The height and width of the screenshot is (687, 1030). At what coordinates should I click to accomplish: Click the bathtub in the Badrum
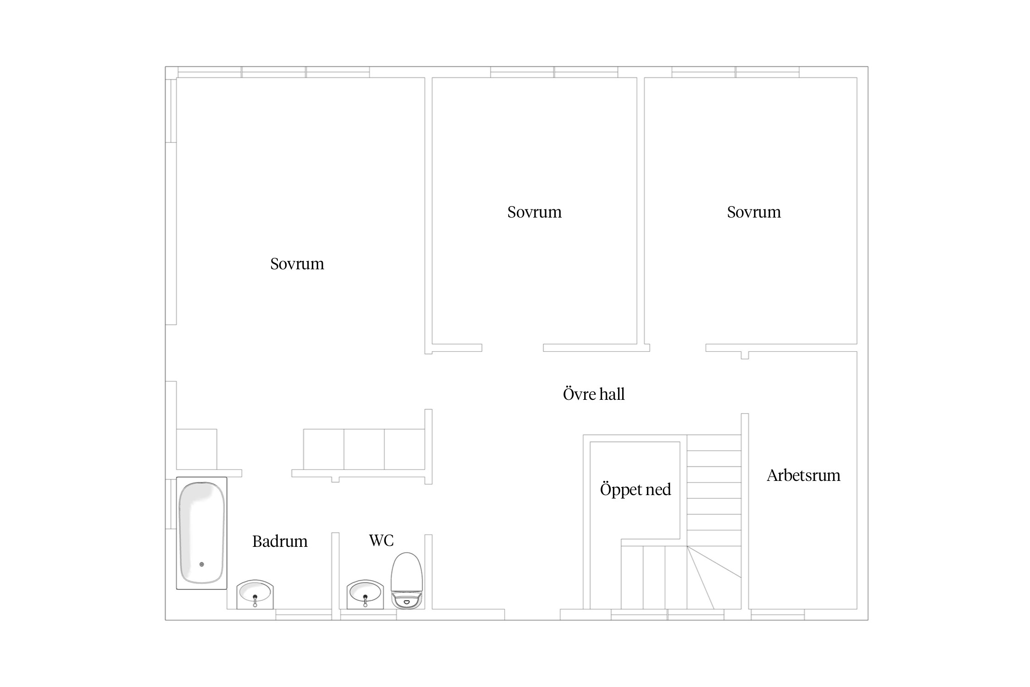click(x=201, y=533)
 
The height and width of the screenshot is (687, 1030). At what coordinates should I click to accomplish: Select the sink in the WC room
click(x=365, y=594)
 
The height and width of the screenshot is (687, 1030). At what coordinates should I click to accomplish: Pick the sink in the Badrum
click(x=255, y=594)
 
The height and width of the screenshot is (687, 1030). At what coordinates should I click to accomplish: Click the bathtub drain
click(x=201, y=564)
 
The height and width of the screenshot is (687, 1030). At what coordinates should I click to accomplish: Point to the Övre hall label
click(x=594, y=394)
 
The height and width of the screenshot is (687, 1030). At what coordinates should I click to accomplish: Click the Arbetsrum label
click(x=803, y=475)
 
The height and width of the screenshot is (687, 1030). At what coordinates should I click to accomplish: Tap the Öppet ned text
click(x=635, y=489)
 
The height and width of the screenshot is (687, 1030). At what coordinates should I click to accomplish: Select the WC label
click(x=381, y=540)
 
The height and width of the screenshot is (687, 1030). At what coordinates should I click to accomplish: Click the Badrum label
click(x=280, y=541)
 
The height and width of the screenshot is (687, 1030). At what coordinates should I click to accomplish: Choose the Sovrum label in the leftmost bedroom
click(x=297, y=264)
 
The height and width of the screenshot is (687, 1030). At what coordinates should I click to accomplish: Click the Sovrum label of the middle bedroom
click(x=534, y=212)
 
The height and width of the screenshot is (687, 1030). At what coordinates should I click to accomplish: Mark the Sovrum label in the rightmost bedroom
click(x=754, y=212)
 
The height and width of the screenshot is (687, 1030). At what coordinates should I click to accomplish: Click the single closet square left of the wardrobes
click(x=196, y=449)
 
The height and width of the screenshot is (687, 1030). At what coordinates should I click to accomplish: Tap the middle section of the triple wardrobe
click(x=364, y=449)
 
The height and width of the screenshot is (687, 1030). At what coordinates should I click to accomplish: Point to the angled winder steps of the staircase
click(x=714, y=578)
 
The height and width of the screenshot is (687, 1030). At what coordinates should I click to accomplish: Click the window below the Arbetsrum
click(x=777, y=615)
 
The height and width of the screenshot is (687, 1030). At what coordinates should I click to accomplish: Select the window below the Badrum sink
click(x=304, y=615)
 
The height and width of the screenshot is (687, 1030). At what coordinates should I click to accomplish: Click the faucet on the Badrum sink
click(x=255, y=600)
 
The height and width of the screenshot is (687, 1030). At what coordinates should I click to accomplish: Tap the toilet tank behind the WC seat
click(x=406, y=601)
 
